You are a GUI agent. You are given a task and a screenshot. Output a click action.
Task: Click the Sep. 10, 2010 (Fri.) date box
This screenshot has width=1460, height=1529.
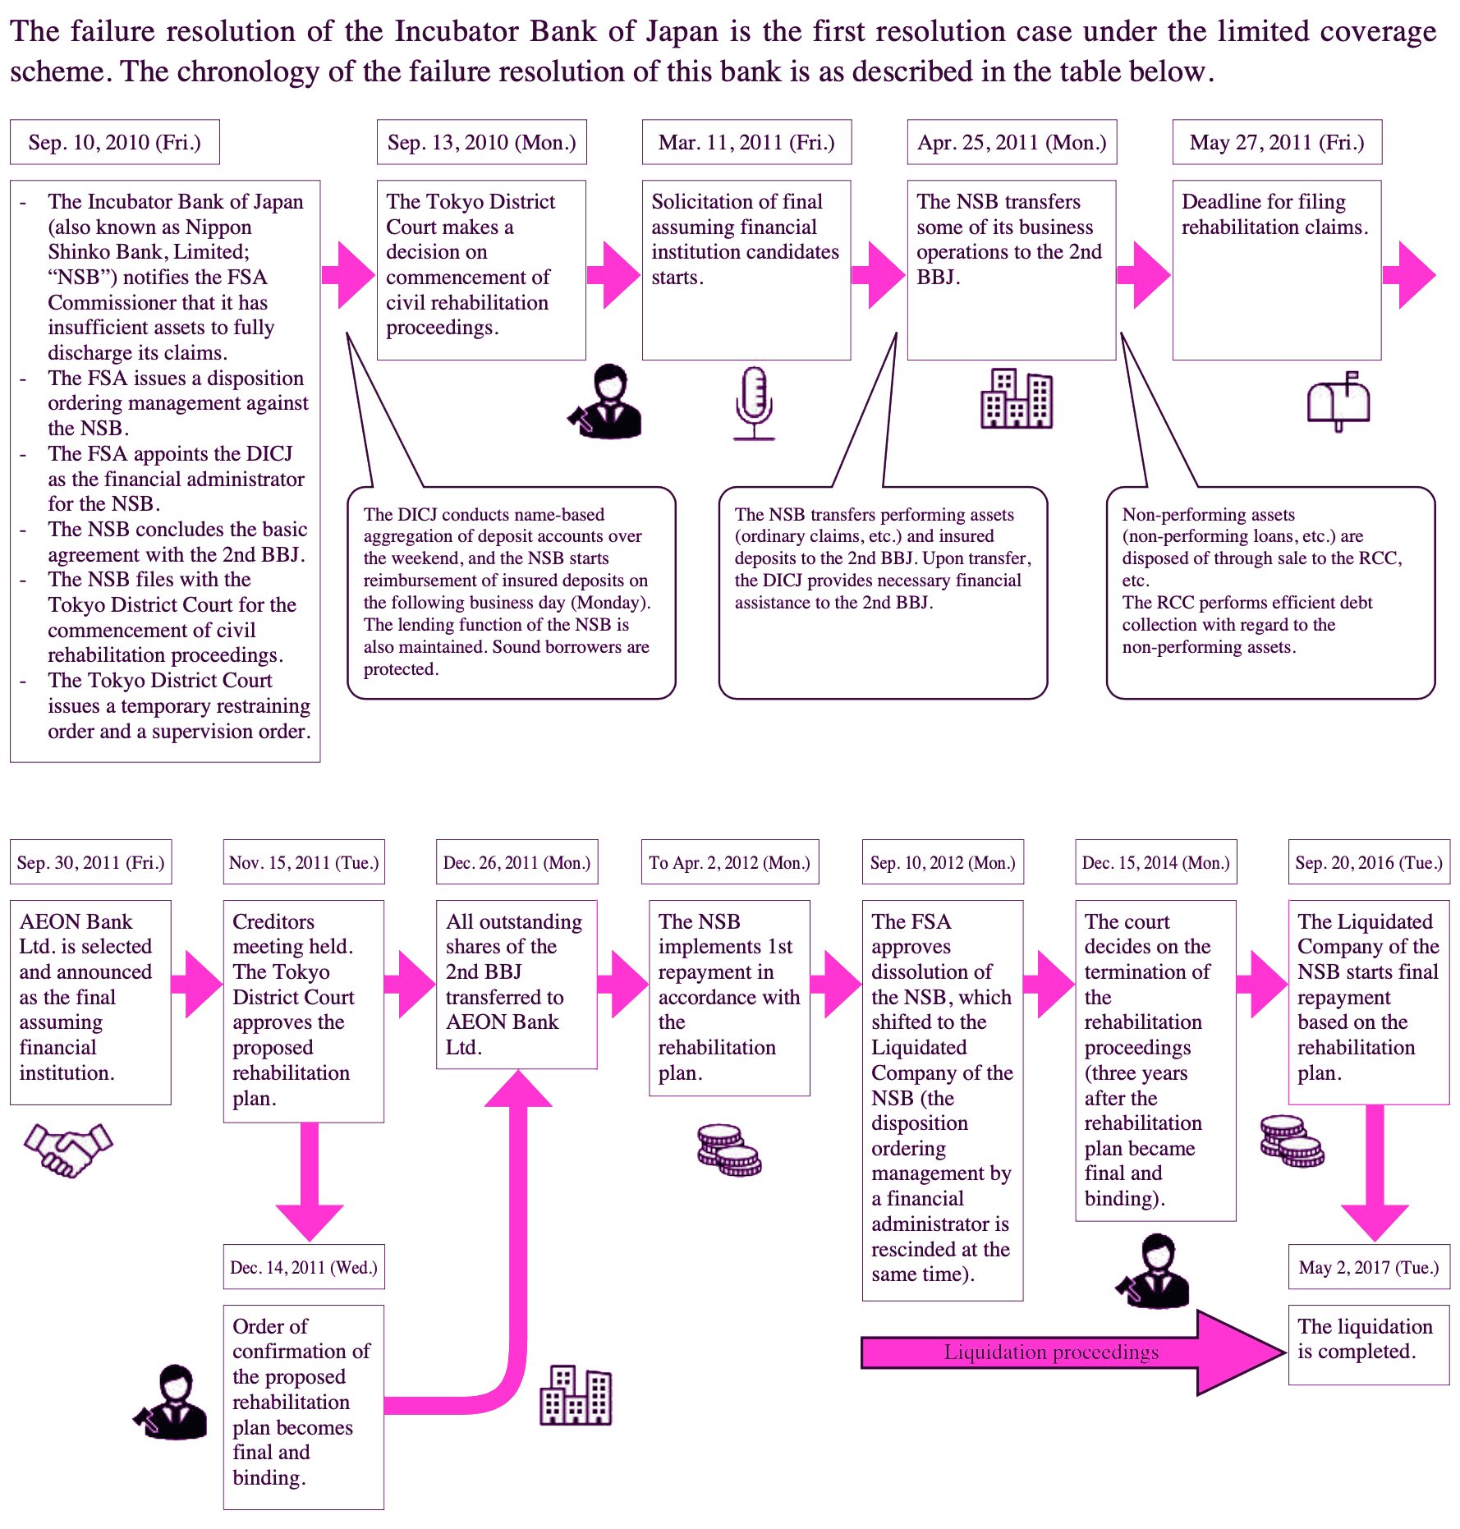pyautogui.click(x=115, y=142)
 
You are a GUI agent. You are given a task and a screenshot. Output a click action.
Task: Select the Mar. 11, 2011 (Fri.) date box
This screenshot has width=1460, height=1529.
pyautogui.click(x=746, y=142)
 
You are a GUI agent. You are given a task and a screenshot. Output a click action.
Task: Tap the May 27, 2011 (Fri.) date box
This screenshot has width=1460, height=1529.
pyautogui.click(x=1277, y=142)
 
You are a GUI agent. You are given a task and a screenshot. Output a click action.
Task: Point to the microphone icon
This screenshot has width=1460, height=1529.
pyautogui.click(x=754, y=402)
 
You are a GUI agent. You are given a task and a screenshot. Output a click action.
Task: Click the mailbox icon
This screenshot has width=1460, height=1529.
pyautogui.click(x=1338, y=401)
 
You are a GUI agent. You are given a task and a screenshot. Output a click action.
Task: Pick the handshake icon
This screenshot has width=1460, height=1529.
pyautogui.click(x=68, y=1149)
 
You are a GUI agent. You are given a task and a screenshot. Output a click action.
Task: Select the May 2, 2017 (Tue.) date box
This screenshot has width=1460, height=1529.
pyautogui.click(x=1369, y=1267)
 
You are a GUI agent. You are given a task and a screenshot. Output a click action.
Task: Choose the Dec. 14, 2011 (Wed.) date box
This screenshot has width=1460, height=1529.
pyautogui.click(x=304, y=1267)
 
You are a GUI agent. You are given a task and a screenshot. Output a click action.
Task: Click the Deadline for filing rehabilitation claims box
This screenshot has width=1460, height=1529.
pyautogui.click(x=1277, y=269)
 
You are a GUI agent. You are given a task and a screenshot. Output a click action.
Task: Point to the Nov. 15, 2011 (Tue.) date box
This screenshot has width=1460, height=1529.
pyautogui.click(x=304, y=862)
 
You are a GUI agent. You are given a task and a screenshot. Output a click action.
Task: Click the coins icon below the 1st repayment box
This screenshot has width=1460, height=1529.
pyautogui.click(x=729, y=1150)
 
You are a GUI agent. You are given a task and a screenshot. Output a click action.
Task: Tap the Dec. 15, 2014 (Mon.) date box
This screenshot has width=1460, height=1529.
pyautogui.click(x=1156, y=862)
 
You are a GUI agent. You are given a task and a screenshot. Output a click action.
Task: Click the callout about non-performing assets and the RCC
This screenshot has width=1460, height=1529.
pyautogui.click(x=1270, y=592)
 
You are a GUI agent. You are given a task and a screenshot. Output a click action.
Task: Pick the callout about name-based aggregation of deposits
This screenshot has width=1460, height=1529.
pyautogui.click(x=511, y=592)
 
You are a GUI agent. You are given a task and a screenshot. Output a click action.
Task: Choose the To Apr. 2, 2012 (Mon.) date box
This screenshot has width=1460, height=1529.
pyautogui.click(x=730, y=862)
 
